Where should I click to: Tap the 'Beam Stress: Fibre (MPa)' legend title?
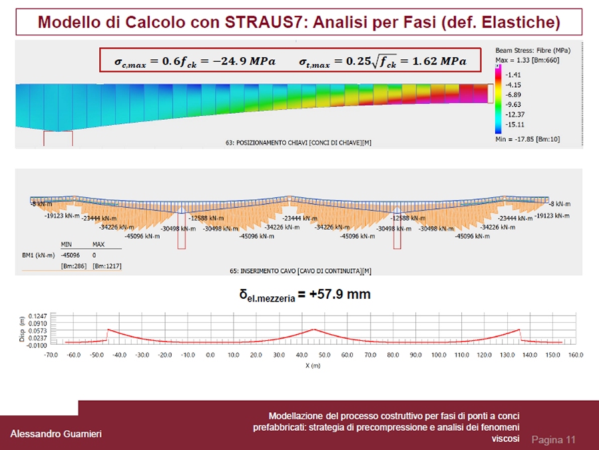pos(532,50)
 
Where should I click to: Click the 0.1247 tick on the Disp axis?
pos(39,316)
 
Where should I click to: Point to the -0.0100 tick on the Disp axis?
pos(37,345)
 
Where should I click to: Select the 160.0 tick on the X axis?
pos(575,355)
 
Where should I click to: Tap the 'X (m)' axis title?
pos(313,365)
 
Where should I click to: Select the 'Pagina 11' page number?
pos(553,439)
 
